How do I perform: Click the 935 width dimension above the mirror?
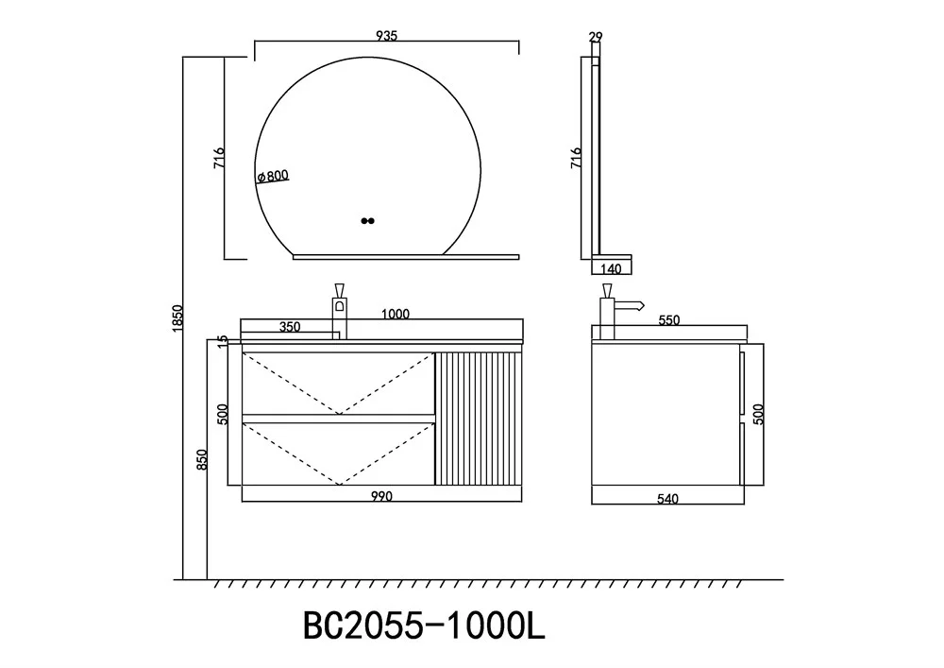[386, 36]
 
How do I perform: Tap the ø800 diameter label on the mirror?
[273, 176]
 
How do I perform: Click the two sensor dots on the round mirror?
[368, 221]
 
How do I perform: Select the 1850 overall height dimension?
[177, 318]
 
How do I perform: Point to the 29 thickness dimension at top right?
[596, 38]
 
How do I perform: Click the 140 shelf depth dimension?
[611, 268]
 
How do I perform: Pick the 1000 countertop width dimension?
[396, 314]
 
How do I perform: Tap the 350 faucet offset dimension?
[290, 327]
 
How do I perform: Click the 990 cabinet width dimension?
[381, 496]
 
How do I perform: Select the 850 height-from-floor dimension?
[202, 459]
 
